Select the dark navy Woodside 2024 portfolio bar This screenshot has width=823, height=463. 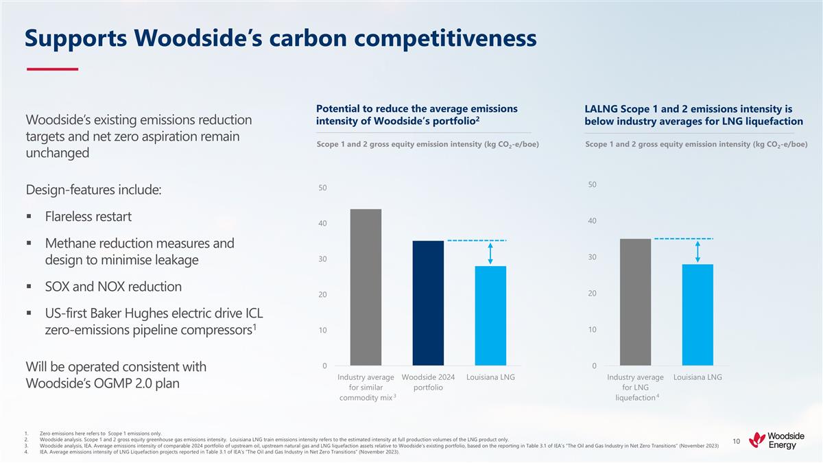click(428, 302)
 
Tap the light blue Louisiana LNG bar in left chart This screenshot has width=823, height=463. click(490, 316)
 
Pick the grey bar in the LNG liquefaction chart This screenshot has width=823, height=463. click(635, 302)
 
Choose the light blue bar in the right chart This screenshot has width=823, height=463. click(697, 315)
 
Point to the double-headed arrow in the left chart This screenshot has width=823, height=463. click(491, 253)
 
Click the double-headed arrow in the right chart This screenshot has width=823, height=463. click(697, 252)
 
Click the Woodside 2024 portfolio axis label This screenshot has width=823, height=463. click(428, 382)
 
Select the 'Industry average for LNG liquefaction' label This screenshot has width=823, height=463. click(635, 388)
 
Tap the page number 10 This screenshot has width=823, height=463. click(736, 441)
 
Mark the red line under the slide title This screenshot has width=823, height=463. click(52, 69)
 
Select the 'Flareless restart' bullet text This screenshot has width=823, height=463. click(88, 217)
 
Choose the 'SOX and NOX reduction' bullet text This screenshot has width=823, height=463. click(113, 287)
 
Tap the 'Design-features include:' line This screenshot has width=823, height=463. click(93, 189)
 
